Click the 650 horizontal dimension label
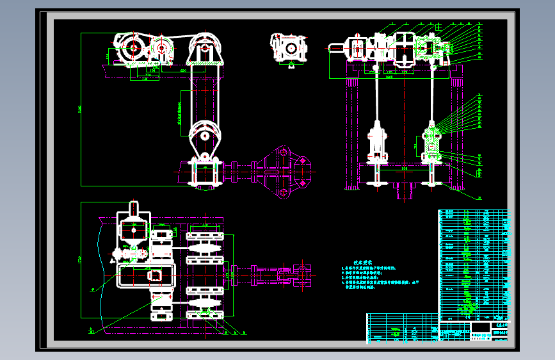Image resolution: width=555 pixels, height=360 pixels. tap(183, 69)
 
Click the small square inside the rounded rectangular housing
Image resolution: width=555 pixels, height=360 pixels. tap(155, 275)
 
